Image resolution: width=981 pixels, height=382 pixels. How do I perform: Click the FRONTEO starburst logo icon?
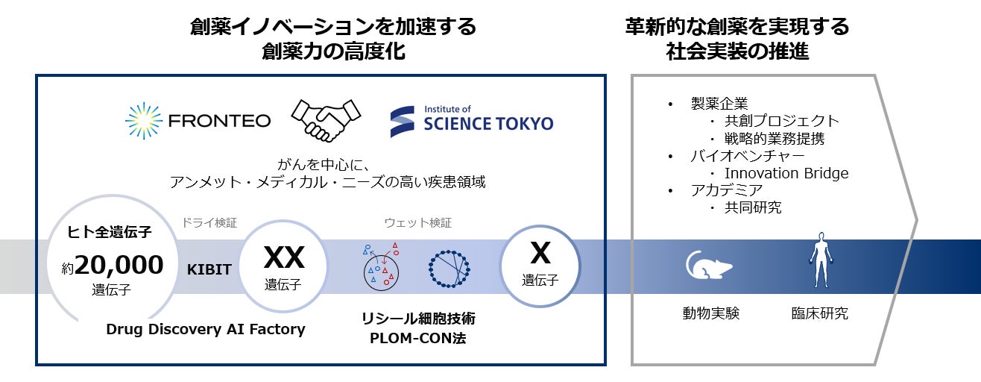[144, 121]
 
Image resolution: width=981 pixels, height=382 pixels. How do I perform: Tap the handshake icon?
[324, 119]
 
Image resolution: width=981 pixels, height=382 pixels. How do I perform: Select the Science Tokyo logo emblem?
[403, 121]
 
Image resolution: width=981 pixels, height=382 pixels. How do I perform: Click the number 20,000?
[119, 264]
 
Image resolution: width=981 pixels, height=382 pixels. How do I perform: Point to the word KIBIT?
[209, 269]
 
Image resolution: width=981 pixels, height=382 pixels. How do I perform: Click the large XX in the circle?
[283, 258]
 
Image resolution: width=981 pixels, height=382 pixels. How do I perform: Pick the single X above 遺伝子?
[540, 254]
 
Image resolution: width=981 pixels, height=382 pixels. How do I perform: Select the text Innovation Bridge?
[786, 173]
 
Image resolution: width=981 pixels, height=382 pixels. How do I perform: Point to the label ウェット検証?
[417, 222]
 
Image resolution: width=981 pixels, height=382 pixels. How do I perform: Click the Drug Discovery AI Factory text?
[206, 329]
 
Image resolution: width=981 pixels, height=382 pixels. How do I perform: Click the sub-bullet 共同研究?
[753, 207]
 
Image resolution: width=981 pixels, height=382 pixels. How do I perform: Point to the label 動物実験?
[710, 313]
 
